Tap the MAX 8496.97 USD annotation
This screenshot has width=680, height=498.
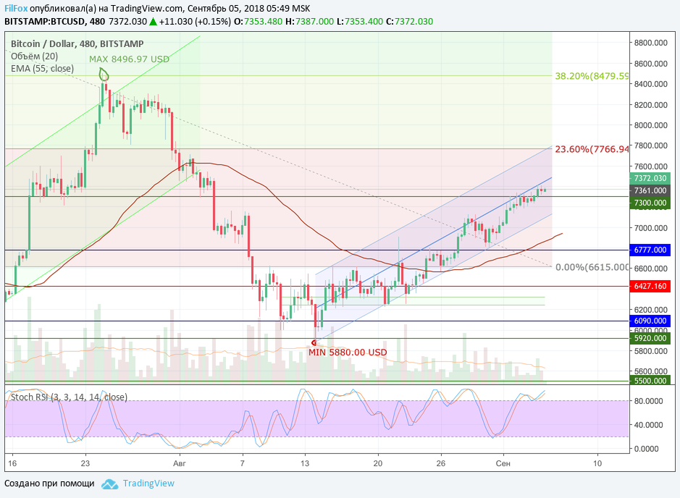[129, 59]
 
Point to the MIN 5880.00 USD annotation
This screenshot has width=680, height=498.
[348, 353]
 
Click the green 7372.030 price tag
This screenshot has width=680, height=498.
[650, 178]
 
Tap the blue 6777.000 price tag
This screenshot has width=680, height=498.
[650, 250]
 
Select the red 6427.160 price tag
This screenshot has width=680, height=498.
[650, 287]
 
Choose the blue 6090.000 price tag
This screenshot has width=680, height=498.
[650, 321]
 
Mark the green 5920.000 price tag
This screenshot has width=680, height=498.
[650, 338]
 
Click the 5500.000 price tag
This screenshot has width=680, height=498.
[650, 381]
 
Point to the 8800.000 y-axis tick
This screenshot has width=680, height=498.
[650, 43]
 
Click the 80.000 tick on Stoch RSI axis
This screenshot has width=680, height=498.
[650, 400]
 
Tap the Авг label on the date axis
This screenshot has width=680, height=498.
[180, 462]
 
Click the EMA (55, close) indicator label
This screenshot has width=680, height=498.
[42, 69]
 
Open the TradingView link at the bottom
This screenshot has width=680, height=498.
[148, 484]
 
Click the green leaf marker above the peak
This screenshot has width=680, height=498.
[104, 74]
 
